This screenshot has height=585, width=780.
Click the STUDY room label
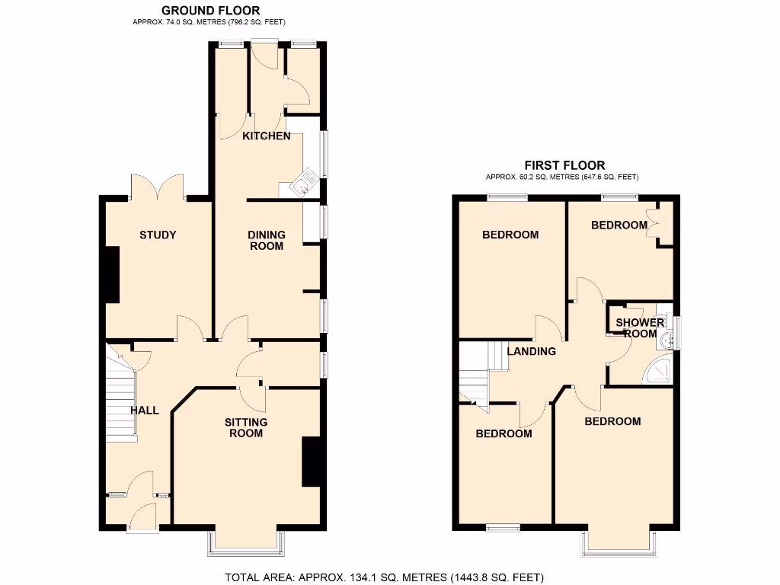pos(158,235)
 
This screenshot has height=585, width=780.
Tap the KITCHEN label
pos(267,136)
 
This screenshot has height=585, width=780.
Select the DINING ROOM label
pos(266,240)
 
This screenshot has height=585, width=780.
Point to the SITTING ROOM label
pos(246,427)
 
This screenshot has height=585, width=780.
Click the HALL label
pos(145,411)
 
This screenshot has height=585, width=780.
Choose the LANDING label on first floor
pos(532,351)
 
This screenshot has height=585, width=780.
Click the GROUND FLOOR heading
pos(210,11)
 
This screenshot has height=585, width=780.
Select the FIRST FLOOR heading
pos(564,165)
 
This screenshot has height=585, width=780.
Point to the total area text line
pos(385,577)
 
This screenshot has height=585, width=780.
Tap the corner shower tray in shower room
pos(660,370)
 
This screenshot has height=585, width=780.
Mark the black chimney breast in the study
pos(112,274)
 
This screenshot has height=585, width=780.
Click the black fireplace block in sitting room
pos(311,461)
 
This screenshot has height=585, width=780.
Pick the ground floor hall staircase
pos(120,396)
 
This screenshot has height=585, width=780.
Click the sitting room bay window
pos(247,539)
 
